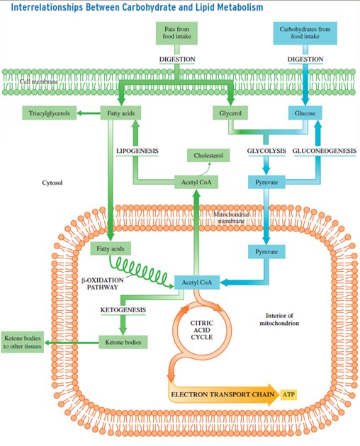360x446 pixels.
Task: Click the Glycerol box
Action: [233, 113]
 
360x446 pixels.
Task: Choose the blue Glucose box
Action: [305, 113]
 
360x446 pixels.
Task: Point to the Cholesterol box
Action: [208, 155]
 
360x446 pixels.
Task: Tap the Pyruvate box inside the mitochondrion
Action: [266, 251]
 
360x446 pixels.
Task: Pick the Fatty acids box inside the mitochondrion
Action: [111, 248]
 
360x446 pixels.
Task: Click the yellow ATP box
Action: [289, 393]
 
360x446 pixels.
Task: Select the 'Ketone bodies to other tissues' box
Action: [22, 343]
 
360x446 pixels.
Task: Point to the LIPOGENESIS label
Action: [137, 151]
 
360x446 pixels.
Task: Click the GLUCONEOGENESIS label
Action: [323, 151]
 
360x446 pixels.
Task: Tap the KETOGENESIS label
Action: [123, 309]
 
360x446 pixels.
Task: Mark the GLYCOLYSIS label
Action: [266, 151]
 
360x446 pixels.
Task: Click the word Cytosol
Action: [53, 182]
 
